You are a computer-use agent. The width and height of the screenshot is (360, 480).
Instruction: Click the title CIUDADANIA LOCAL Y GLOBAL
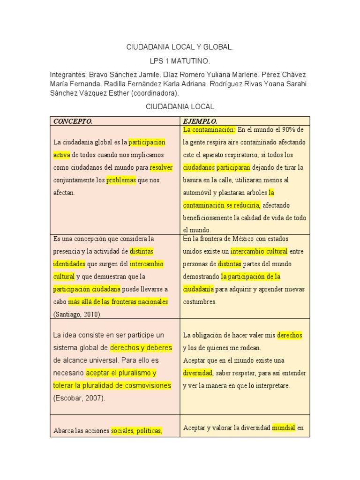(x=180, y=47)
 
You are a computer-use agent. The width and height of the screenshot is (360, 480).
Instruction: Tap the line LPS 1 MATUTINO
(x=180, y=61)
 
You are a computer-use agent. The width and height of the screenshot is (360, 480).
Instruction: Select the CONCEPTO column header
(x=73, y=121)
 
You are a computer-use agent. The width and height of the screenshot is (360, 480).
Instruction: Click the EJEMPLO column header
(x=200, y=121)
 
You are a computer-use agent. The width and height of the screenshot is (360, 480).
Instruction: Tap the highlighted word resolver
(x=161, y=167)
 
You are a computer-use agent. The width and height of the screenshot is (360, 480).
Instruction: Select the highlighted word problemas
(x=121, y=180)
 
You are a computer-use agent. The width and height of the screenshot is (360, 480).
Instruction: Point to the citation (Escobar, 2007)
(x=79, y=398)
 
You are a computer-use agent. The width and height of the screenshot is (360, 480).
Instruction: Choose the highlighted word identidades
(x=69, y=263)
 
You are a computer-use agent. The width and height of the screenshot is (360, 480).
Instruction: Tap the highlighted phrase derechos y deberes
(x=141, y=348)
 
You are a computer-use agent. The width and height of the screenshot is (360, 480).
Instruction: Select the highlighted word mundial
(x=283, y=427)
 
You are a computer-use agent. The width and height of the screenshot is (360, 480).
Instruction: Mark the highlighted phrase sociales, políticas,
(x=136, y=431)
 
